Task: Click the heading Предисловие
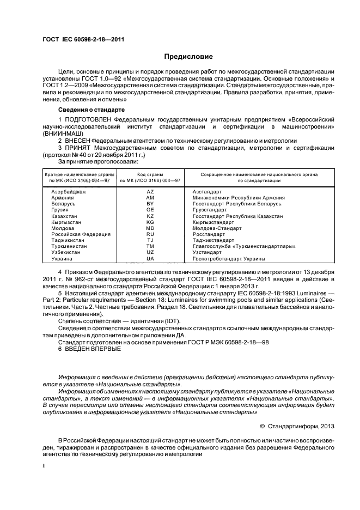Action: coord(188,57)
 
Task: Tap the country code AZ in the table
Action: coord(150,192)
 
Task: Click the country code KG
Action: coord(150,222)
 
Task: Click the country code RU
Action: coord(150,234)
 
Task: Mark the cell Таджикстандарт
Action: coord(213,240)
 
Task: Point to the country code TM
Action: coord(150,246)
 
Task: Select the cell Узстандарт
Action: coord(208,252)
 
